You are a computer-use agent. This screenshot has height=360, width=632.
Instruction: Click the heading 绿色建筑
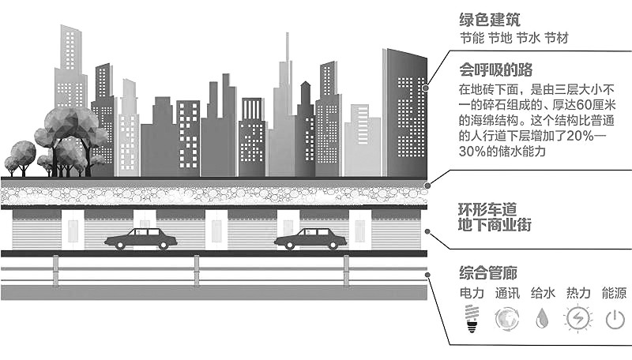point(488,18)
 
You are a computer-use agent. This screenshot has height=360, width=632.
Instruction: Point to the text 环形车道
point(488,209)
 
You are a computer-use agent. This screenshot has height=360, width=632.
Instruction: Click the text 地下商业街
point(495,225)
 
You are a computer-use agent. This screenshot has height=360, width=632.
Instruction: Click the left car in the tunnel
point(141,238)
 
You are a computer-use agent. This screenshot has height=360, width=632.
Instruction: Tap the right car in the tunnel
point(310,238)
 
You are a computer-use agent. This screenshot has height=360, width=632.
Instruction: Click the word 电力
point(472,294)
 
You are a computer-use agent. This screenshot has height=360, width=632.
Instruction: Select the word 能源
point(614,294)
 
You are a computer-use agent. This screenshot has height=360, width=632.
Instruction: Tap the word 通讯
point(507,294)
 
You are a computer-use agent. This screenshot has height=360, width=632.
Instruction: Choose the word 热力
point(578,294)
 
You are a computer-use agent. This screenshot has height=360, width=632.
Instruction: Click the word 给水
point(543,294)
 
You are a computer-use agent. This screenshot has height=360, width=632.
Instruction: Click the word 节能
point(472,38)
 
